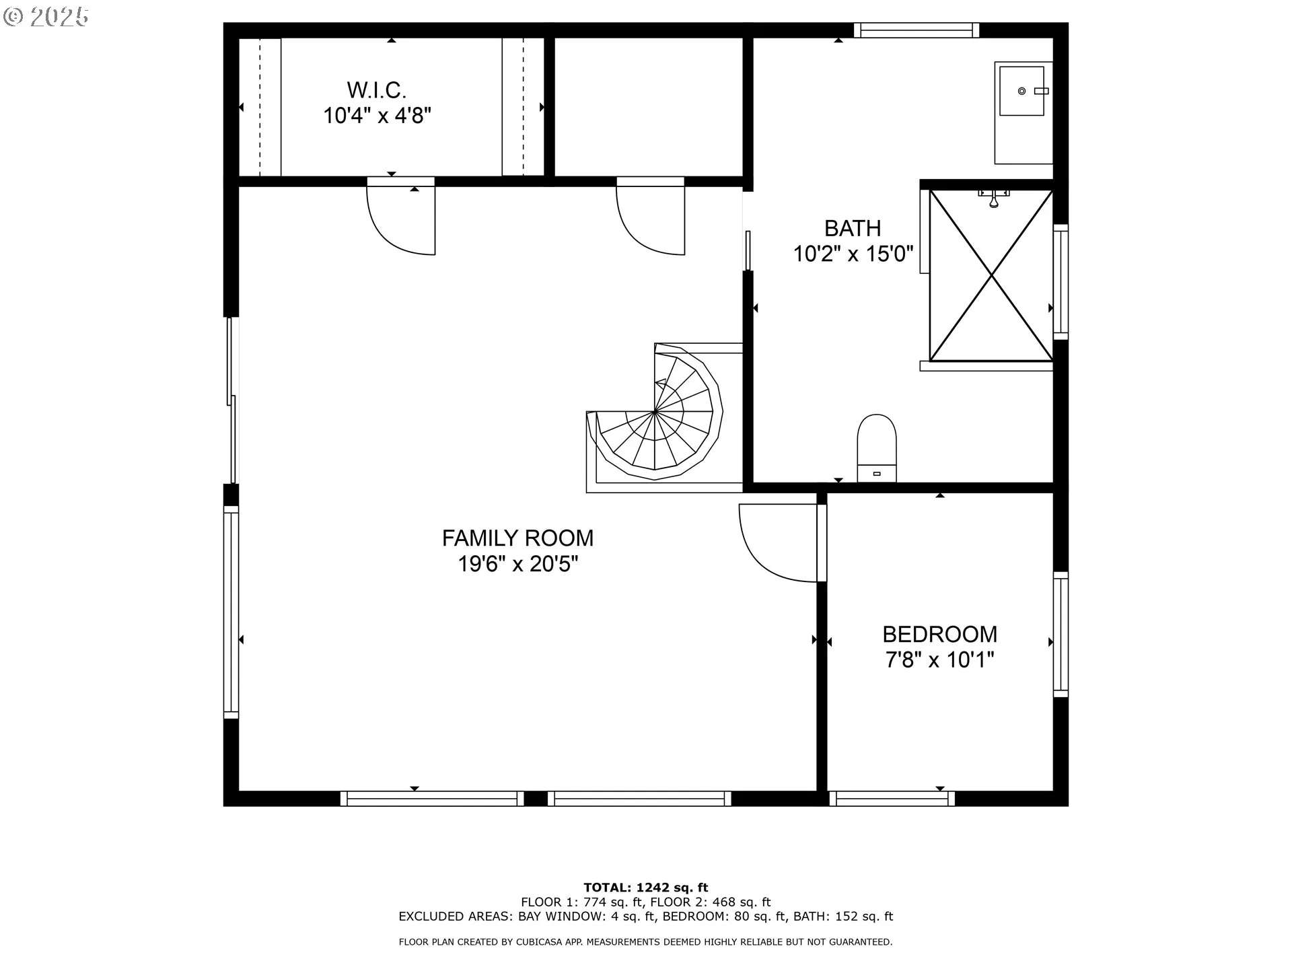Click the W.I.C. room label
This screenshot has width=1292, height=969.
point(376,89)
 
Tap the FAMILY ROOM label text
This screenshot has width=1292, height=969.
point(517,538)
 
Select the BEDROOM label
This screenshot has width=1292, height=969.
point(939,634)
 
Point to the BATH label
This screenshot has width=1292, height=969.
point(853,228)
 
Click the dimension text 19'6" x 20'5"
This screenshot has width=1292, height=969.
point(517,563)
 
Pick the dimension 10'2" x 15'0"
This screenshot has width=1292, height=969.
point(853,254)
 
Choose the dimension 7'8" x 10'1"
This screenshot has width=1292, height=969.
point(939,659)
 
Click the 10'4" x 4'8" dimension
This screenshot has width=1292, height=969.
point(376,115)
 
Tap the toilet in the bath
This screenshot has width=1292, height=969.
point(876,448)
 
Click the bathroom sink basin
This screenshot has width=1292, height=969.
point(1021,91)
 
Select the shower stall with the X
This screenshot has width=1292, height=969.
point(991,275)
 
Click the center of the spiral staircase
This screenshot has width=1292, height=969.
point(655,410)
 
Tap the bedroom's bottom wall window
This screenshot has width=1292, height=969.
point(892,799)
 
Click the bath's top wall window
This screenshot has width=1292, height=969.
point(917,30)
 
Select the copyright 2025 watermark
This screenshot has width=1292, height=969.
point(46,17)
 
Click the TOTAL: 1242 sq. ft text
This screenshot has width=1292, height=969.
point(645,888)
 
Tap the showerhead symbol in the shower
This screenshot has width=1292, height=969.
point(994,198)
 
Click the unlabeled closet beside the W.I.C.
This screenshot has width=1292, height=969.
point(649,107)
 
